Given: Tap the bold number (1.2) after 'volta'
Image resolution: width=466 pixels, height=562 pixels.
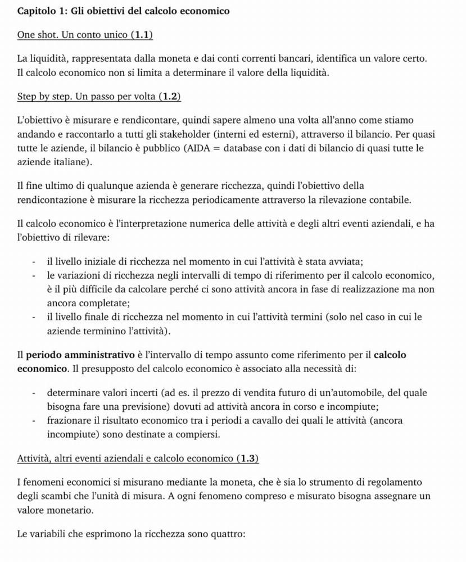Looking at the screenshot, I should click(170, 96).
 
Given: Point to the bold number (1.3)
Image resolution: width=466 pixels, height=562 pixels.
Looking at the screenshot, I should click(247, 458).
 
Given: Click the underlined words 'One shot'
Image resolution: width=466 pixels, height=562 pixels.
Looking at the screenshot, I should click(36, 35).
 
